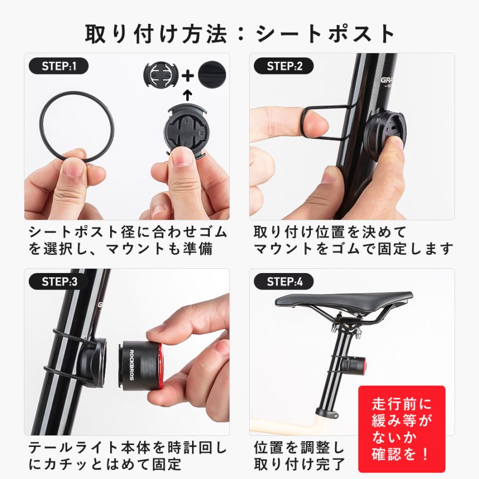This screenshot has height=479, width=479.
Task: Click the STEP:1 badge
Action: point(59,67)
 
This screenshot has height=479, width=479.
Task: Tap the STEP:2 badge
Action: point(285,67)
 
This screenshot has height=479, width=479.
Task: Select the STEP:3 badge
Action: point(59,282)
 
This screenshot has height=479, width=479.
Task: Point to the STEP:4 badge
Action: point(285,282)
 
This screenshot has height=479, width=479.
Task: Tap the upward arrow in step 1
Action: point(187,96)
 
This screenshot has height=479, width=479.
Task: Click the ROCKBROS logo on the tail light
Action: point(131,363)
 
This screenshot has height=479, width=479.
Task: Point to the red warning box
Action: point(401,428)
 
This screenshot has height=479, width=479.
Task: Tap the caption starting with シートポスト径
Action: point(128,240)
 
